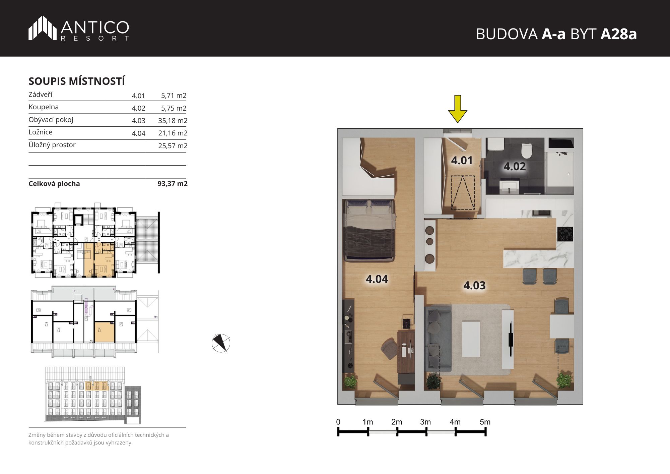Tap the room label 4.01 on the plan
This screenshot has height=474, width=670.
(462, 161)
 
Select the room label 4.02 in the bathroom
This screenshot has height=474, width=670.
(515, 166)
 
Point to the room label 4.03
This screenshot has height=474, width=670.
(474, 285)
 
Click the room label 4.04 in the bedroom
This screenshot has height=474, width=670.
(377, 279)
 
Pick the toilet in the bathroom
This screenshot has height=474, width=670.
(527, 151)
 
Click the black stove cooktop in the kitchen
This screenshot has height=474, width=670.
(565, 234)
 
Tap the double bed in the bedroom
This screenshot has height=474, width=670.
(369, 230)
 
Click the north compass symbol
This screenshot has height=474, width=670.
(221, 343)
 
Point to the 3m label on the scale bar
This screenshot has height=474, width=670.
(425, 422)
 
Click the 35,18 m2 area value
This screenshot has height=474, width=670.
(173, 121)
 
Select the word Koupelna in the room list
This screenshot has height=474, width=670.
(44, 107)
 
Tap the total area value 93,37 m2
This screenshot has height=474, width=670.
(173, 184)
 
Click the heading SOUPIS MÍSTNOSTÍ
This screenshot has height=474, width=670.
(77, 81)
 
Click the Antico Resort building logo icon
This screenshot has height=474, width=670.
(42, 28)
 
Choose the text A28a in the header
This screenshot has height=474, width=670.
(618, 34)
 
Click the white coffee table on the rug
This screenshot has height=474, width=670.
(471, 339)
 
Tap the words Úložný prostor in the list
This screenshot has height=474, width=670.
(52, 145)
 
